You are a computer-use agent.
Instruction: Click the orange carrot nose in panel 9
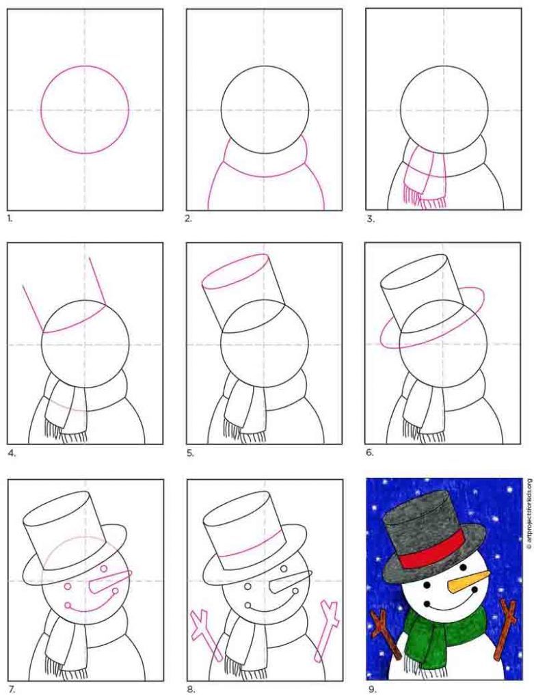point(464,580)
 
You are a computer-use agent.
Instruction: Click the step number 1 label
point(10,219)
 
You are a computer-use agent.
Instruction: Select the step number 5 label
point(190,453)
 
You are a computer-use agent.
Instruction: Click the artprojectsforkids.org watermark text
point(529,514)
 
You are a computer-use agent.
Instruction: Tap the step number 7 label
point(12,689)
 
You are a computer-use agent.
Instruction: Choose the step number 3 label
point(370,219)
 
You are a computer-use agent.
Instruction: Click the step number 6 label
point(370,453)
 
